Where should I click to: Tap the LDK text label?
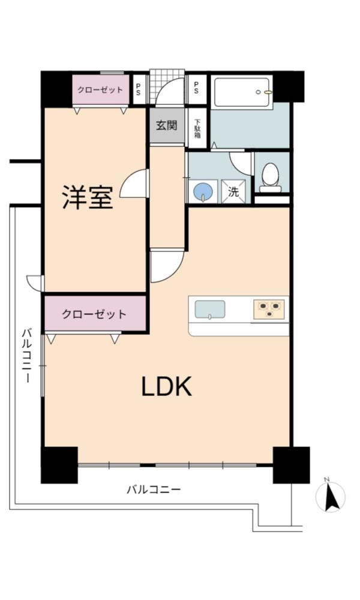(x=166, y=386)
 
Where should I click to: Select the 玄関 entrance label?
(x=167, y=125)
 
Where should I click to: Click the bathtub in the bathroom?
(x=242, y=92)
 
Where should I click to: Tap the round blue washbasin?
(x=203, y=191)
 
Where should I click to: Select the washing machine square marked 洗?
(x=233, y=191)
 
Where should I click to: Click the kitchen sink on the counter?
(x=210, y=309)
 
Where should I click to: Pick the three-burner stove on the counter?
(x=269, y=309)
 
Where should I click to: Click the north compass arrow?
(x=330, y=497)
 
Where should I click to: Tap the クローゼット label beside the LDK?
(x=94, y=314)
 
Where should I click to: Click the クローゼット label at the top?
(x=100, y=90)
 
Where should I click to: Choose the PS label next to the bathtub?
(x=196, y=88)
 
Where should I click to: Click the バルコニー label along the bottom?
(x=154, y=489)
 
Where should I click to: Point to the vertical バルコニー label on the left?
(x=26, y=355)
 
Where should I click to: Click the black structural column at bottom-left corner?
(x=59, y=465)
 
